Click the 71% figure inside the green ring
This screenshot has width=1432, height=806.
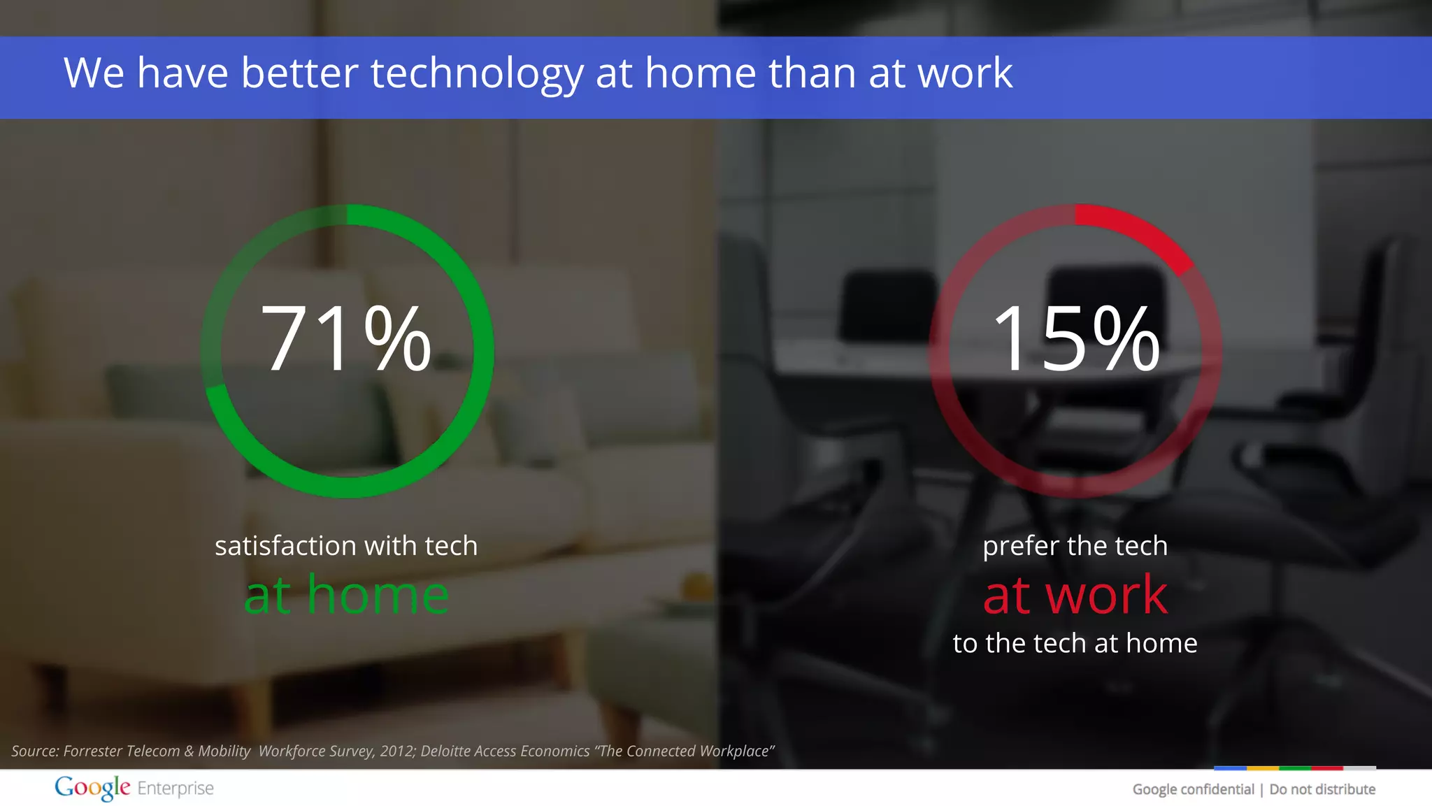coord(345,339)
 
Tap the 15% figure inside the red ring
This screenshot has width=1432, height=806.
coord(1075,339)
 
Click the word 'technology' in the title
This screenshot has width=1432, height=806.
coord(477,73)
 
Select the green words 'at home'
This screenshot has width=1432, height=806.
coord(346,595)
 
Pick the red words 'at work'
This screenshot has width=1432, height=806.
coord(1075,595)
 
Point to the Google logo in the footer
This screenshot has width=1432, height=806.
coord(92,788)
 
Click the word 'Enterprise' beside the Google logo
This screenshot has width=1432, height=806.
coord(176,789)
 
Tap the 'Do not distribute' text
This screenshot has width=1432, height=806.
coord(1322,789)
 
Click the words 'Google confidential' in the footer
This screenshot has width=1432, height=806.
coord(1193,789)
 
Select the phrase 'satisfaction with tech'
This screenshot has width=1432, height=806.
coord(346,546)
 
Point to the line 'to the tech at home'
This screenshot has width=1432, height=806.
coord(1075,643)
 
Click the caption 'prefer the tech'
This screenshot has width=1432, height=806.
coord(1075,546)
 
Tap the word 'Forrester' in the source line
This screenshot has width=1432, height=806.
coord(93,751)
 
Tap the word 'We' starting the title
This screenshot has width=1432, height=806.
coord(94,73)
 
